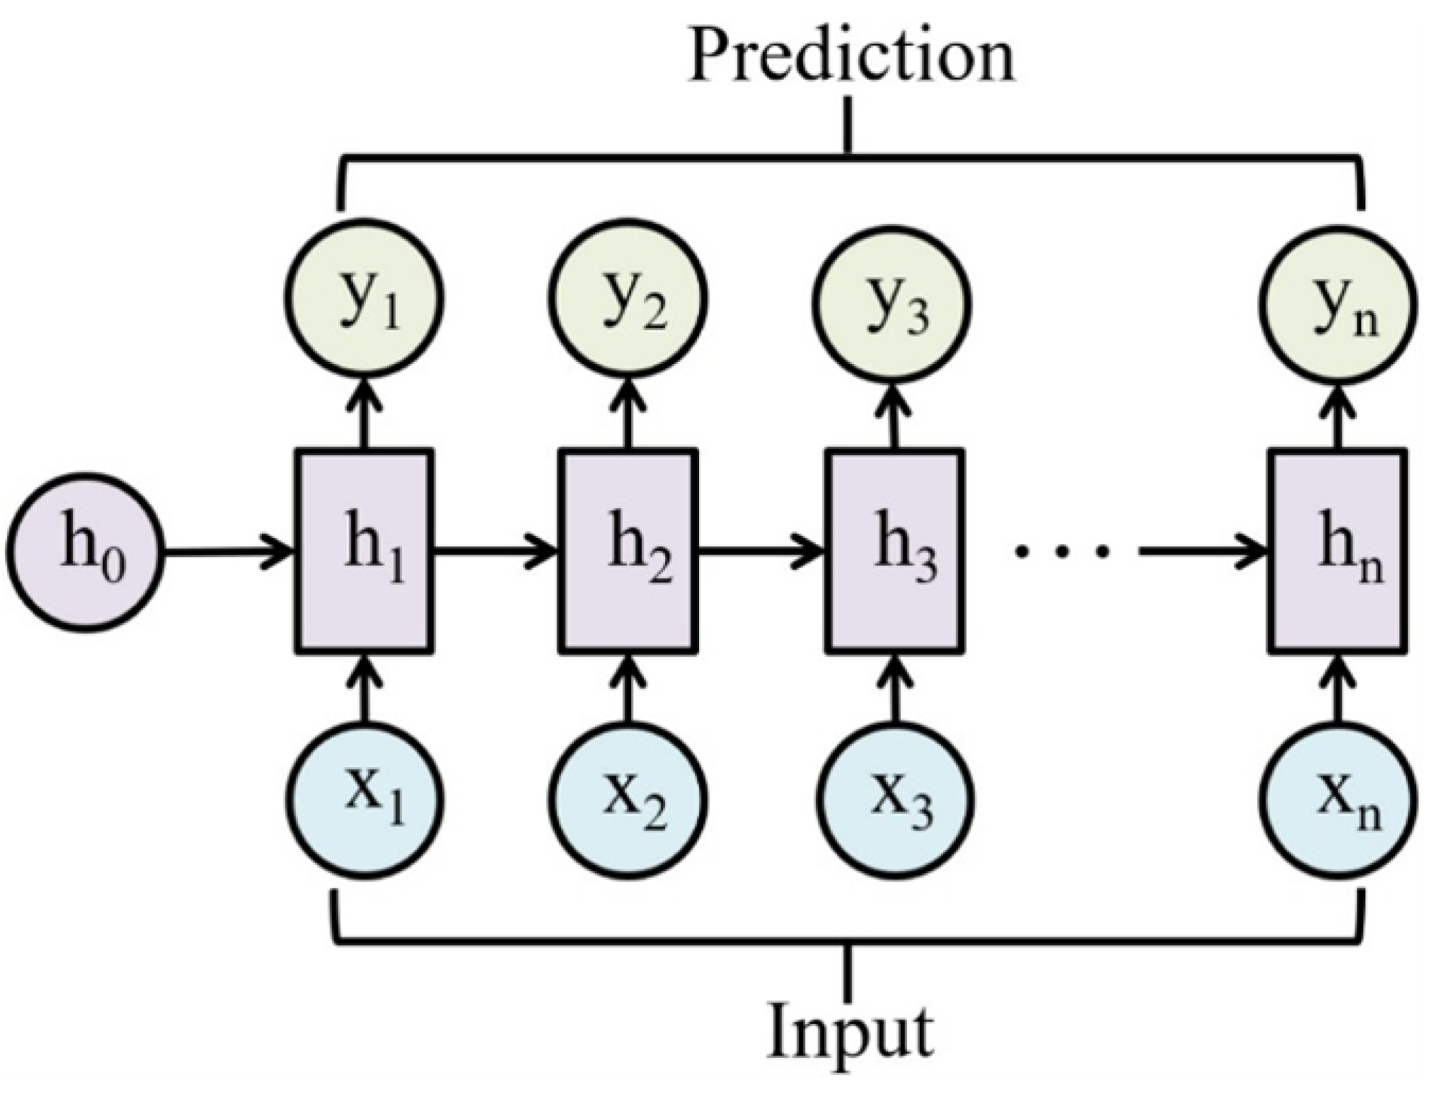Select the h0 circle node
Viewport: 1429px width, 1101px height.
(85, 553)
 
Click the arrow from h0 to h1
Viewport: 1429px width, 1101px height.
(226, 553)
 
